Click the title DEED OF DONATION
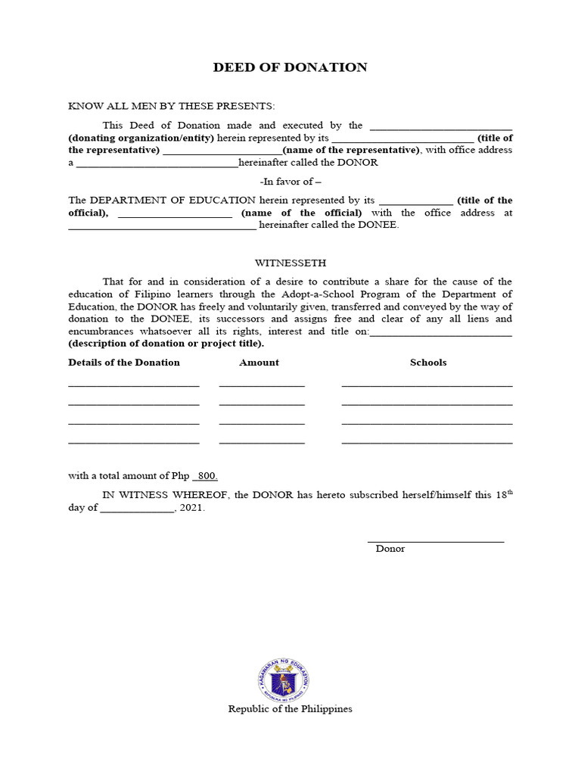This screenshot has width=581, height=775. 290,67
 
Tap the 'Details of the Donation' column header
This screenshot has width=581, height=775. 124,363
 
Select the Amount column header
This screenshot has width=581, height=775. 259,363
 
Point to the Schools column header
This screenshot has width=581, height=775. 428,363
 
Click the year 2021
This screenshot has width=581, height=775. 192,509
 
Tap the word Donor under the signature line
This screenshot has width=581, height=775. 390,549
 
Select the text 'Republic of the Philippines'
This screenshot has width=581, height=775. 290,709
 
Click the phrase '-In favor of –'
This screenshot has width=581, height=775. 290,182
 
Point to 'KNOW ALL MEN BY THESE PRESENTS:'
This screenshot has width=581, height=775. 172,106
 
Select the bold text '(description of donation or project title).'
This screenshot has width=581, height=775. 166,344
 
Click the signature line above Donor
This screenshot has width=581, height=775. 436,540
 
